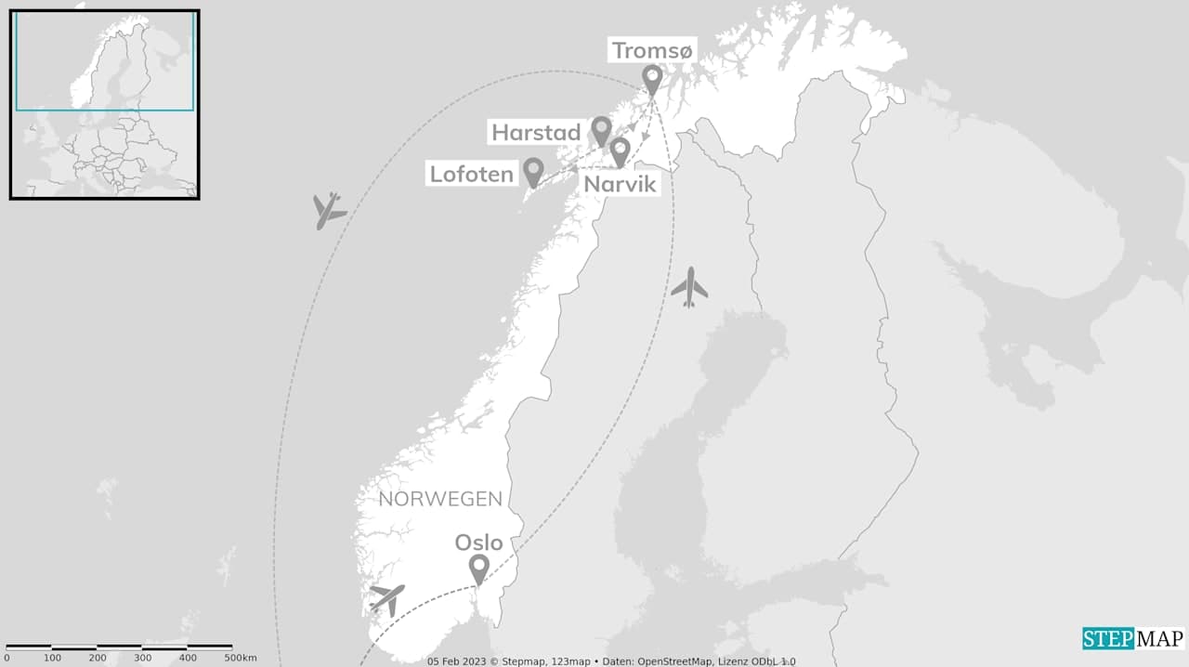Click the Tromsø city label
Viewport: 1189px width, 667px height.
(x=652, y=50)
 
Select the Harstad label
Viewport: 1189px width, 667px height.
(x=536, y=133)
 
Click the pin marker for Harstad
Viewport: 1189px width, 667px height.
(x=602, y=130)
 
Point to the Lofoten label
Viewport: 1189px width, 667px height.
(x=472, y=174)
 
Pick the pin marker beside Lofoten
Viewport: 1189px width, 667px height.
(x=533, y=171)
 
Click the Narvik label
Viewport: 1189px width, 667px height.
(x=620, y=184)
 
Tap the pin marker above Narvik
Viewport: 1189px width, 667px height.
(x=620, y=150)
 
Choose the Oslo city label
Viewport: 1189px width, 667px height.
(x=478, y=543)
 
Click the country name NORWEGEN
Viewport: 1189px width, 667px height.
(x=440, y=499)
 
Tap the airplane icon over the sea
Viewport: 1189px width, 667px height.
(x=328, y=210)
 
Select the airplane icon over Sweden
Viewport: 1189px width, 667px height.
(x=689, y=287)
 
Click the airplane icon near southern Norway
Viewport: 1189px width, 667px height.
(x=387, y=598)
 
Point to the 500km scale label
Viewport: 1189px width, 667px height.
(x=240, y=658)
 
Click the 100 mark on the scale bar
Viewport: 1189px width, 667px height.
(x=52, y=658)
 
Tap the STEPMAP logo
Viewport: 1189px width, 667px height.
(x=1132, y=638)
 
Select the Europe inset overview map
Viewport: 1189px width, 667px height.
(x=105, y=104)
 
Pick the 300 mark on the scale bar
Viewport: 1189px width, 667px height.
(x=142, y=658)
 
